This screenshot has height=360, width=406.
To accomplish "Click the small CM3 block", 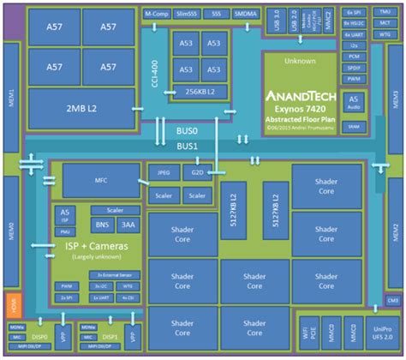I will click(x=392, y=301).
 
